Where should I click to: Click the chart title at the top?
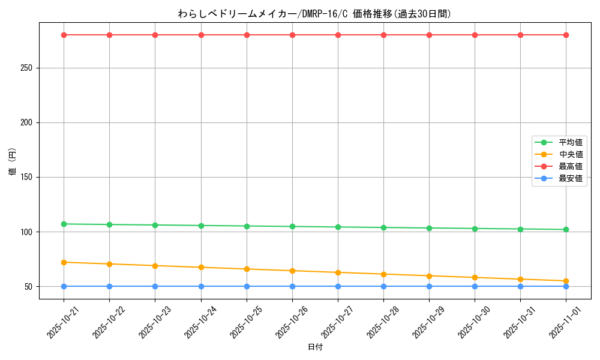(x=314, y=14)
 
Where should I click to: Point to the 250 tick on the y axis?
(x=26, y=68)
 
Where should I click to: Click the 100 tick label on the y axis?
(x=26, y=232)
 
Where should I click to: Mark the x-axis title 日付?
(x=315, y=347)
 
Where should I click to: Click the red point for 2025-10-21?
(x=64, y=35)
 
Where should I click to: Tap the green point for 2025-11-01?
(x=566, y=229)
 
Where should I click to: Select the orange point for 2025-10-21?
(x=64, y=262)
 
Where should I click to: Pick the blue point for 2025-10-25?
(x=247, y=286)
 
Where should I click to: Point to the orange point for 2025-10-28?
(x=383, y=274)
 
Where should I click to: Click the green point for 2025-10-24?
(x=201, y=226)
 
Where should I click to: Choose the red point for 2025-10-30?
(x=475, y=35)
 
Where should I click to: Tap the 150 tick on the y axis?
(x=26, y=178)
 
